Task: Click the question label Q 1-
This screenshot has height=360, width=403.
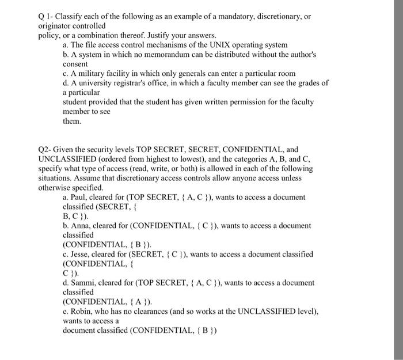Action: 47,16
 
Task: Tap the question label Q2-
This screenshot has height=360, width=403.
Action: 46,149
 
